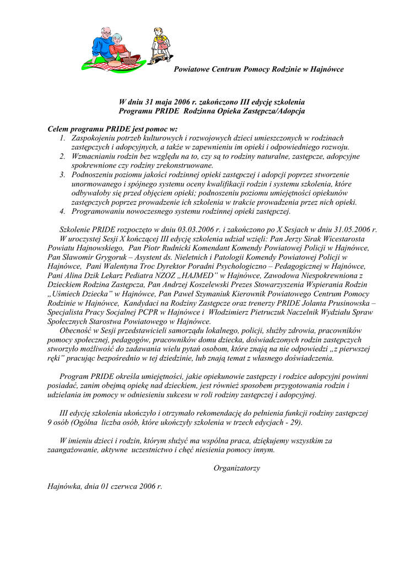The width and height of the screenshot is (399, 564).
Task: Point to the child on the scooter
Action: click(160, 44)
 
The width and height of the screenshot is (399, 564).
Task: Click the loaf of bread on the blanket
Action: click(114, 64)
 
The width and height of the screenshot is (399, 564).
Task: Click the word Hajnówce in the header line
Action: click(327, 69)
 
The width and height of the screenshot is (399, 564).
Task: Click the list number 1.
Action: click(63, 138)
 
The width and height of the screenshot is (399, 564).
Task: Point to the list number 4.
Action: click(63, 211)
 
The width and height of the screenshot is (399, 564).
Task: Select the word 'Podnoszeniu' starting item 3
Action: click(93, 175)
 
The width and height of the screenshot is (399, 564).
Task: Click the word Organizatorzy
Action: click(236, 468)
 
